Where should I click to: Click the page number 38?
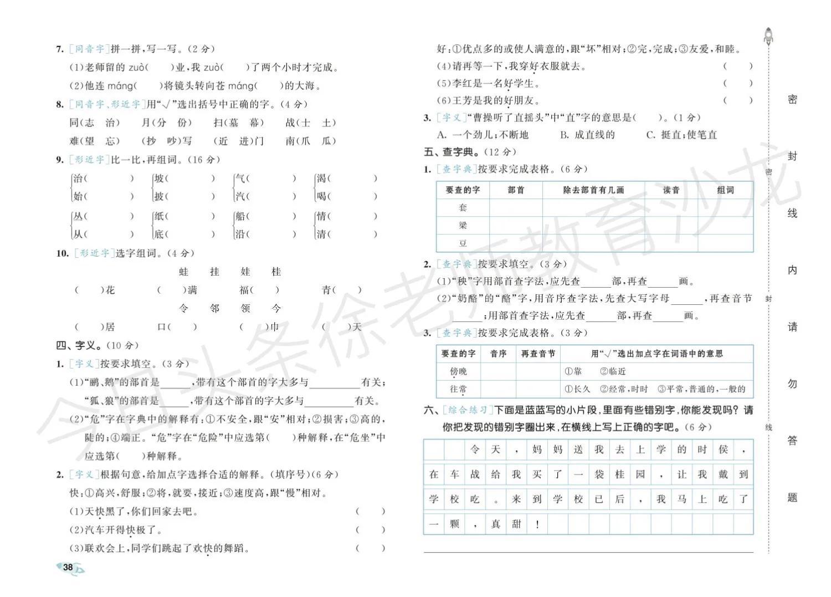point(68,567)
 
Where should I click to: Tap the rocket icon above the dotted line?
point(768,36)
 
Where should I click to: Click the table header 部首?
point(516,190)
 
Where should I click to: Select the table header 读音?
point(671,190)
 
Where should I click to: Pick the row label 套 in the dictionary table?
point(463,208)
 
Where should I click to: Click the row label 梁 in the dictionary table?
point(463,226)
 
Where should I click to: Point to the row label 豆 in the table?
point(463,243)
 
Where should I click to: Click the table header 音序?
point(498,354)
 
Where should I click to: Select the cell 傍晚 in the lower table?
point(458,371)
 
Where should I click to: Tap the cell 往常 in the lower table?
point(458,389)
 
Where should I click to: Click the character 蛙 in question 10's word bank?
point(184,272)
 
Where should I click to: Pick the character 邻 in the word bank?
point(214,308)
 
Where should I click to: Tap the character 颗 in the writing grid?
point(454,524)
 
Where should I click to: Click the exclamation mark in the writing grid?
point(537,524)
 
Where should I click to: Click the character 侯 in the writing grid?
point(723,450)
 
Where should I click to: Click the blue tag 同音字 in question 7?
point(89,49)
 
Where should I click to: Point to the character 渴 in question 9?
point(321,178)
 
